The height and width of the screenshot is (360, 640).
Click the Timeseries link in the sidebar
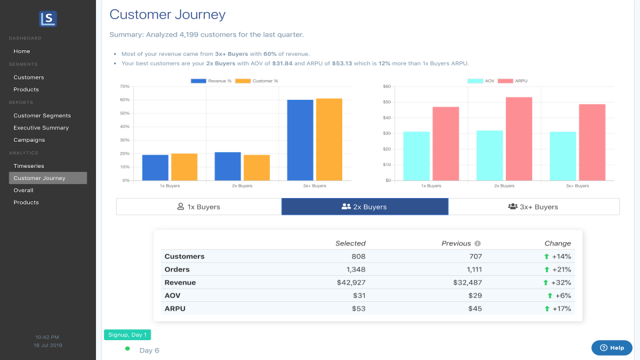tap(29, 165)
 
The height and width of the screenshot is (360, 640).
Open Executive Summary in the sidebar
tap(41, 127)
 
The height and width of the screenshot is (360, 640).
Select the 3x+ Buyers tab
tap(533, 207)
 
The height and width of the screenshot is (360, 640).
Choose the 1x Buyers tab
tap(199, 207)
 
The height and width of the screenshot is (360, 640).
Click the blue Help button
tap(611, 347)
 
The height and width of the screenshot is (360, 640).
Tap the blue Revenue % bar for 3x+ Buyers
tap(300, 140)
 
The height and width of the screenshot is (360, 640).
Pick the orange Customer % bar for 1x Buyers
tap(184, 167)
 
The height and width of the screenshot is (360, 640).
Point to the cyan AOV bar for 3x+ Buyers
tap(563, 156)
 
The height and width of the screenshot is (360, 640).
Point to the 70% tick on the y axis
tap(125, 87)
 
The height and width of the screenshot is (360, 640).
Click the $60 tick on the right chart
tap(387, 87)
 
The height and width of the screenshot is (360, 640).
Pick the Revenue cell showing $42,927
tap(351, 283)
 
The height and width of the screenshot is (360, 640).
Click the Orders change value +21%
tap(558, 269)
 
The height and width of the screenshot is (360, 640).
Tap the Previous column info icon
tap(478, 244)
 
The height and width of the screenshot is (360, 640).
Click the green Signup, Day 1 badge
tap(127, 335)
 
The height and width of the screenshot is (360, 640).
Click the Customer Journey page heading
tap(167, 15)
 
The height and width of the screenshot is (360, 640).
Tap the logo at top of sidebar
tap(48, 19)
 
